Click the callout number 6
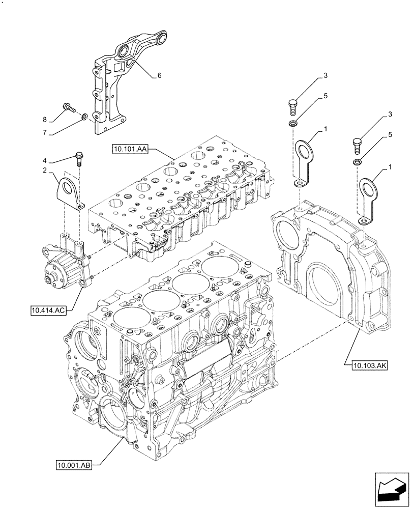coord(159,75)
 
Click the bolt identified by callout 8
coord(68,108)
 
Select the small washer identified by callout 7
coord(85,118)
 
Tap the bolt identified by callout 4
coord(79,157)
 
